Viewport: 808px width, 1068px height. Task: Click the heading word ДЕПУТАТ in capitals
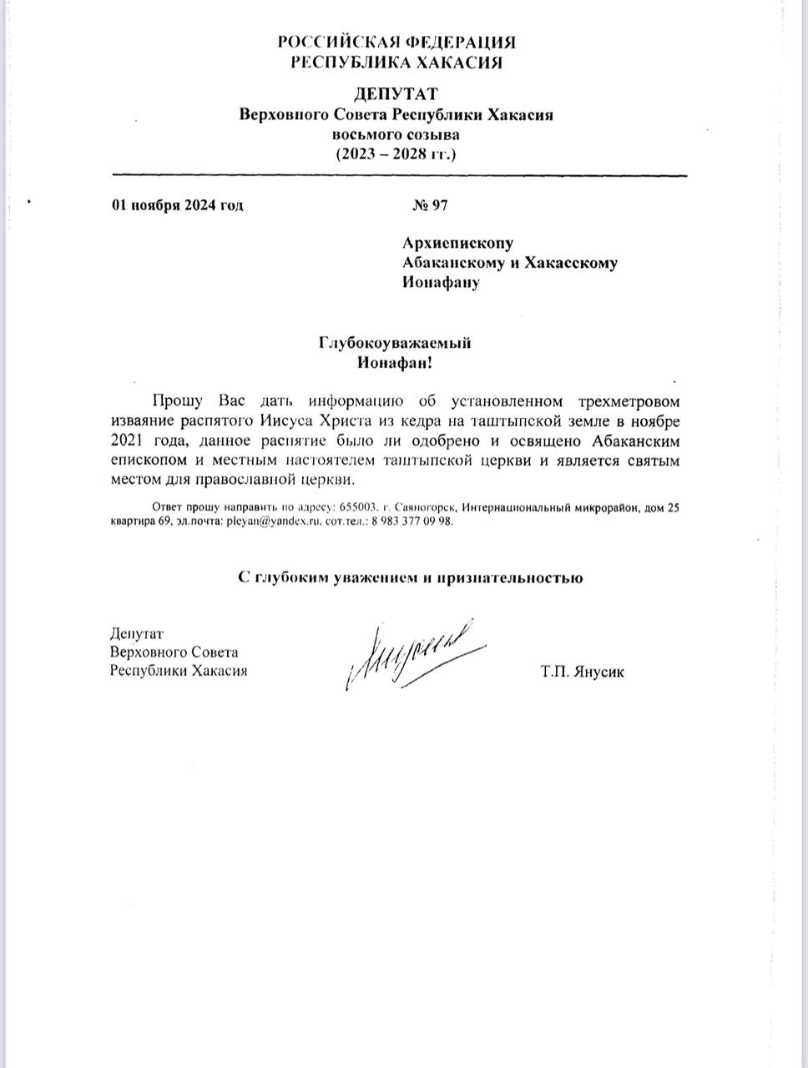(x=396, y=94)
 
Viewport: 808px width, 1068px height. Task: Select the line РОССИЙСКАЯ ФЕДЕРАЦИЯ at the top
(x=396, y=43)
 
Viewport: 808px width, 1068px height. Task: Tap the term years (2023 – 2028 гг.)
(x=396, y=154)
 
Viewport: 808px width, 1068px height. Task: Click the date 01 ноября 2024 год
(x=177, y=205)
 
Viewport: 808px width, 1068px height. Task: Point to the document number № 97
(x=431, y=205)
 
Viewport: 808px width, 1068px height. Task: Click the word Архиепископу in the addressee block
(x=457, y=243)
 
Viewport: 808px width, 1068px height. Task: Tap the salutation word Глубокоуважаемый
(x=395, y=343)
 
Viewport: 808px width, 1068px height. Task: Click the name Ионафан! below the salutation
(x=396, y=363)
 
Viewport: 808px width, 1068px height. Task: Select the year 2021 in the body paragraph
(x=127, y=439)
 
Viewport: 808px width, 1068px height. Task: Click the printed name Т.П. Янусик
(x=583, y=672)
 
